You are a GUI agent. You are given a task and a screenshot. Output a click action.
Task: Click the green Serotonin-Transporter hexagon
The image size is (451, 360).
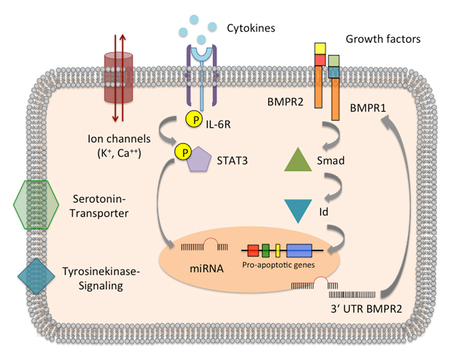pos(36,205)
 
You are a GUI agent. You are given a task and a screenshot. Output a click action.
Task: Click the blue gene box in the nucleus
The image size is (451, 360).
pos(299,250)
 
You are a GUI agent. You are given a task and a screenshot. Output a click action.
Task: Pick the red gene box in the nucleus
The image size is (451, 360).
pos(253,250)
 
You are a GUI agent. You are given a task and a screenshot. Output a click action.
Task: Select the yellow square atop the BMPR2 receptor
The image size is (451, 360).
pos(321,49)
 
